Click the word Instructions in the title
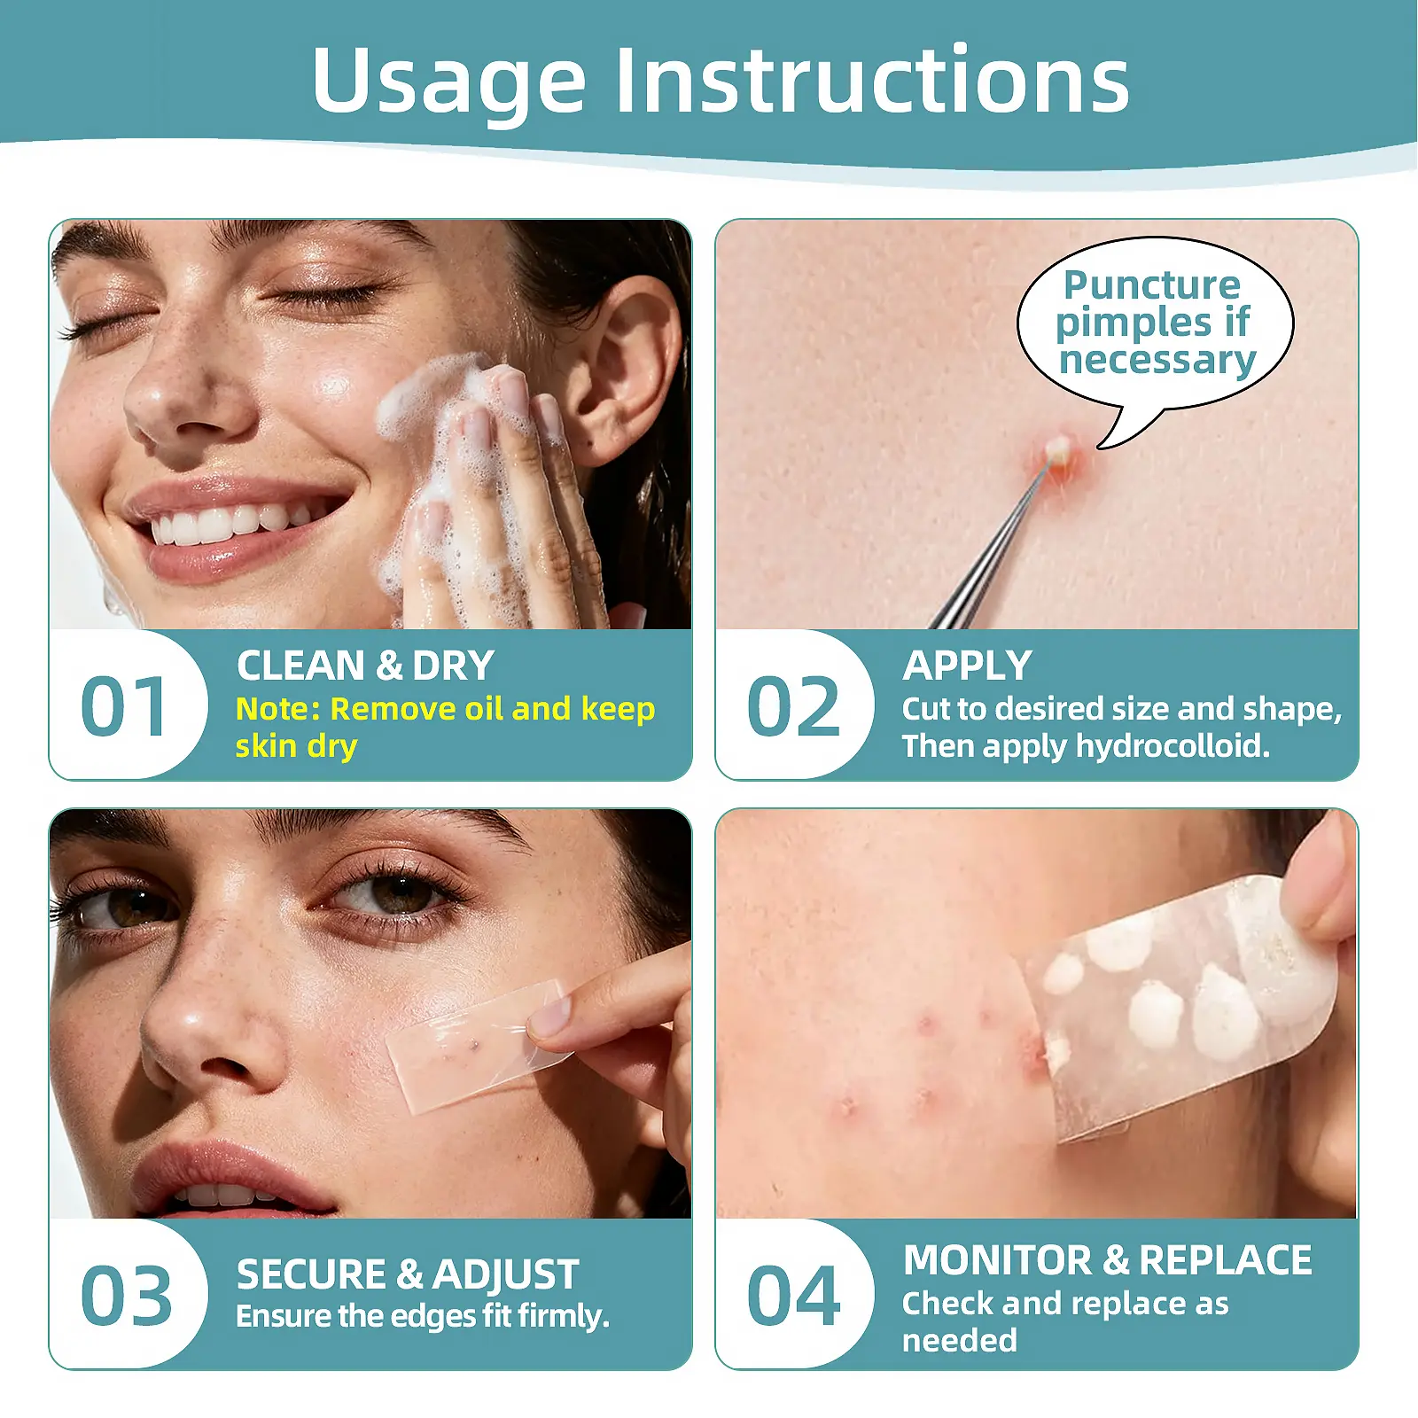(x=872, y=80)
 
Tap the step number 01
(x=123, y=706)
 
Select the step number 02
(x=793, y=706)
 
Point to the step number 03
(x=126, y=1296)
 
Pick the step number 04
(x=793, y=1296)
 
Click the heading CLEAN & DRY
(x=365, y=666)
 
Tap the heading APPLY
(x=967, y=666)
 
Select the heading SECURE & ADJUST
(x=408, y=1274)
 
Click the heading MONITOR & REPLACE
(x=1107, y=1260)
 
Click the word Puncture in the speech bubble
(x=1152, y=285)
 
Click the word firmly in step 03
(x=563, y=1317)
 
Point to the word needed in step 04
(x=960, y=1341)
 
